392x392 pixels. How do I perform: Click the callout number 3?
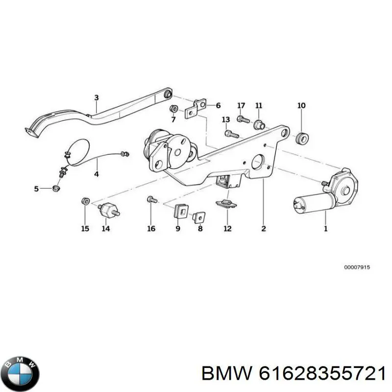(x=97, y=98)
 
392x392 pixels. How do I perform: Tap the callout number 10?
(x=301, y=105)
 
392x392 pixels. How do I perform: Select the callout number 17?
(x=241, y=105)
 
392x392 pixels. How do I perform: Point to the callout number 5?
(x=36, y=189)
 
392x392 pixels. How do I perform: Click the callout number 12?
(x=227, y=228)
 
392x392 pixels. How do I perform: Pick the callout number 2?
(x=264, y=228)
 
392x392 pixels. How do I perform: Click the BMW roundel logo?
(x=22, y=374)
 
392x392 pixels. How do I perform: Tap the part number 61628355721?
(x=322, y=374)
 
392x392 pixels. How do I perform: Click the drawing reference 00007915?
(x=357, y=267)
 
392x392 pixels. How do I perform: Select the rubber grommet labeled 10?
(x=301, y=139)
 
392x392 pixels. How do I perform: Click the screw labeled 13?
(x=232, y=134)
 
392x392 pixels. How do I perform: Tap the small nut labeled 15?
(x=86, y=201)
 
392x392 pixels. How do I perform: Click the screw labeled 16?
(x=152, y=199)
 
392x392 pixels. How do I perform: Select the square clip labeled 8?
(x=199, y=217)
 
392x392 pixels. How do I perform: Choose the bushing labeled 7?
(x=173, y=109)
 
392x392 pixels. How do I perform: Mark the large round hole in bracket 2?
(x=258, y=162)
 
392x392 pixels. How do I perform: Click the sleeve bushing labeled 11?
(x=259, y=124)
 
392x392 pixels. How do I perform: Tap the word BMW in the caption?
(x=226, y=374)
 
